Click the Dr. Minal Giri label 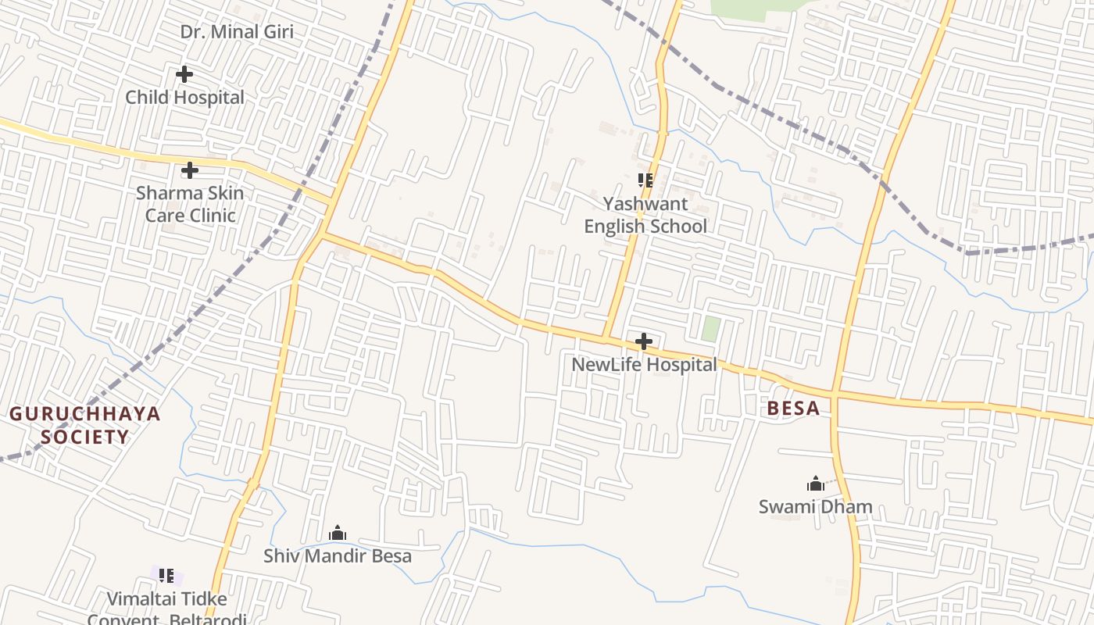pyautogui.click(x=237, y=32)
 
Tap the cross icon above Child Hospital pyautogui.click(x=184, y=74)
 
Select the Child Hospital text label pyautogui.click(x=185, y=98)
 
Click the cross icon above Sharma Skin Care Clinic pyautogui.click(x=189, y=170)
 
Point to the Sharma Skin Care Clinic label pyautogui.click(x=190, y=204)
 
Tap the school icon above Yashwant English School pyautogui.click(x=645, y=180)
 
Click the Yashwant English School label pyautogui.click(x=645, y=215)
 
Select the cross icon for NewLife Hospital pyautogui.click(x=644, y=341)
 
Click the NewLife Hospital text pyautogui.click(x=644, y=365)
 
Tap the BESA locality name pyautogui.click(x=793, y=408)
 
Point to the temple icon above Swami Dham pyautogui.click(x=816, y=484)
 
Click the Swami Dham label pyautogui.click(x=815, y=507)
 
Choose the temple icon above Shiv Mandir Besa pyautogui.click(x=338, y=534)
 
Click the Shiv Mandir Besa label pyautogui.click(x=337, y=556)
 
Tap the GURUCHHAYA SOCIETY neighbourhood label pyautogui.click(x=84, y=425)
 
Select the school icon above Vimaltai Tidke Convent pyautogui.click(x=166, y=576)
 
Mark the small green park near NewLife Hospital pyautogui.click(x=710, y=328)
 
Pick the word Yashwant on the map pyautogui.click(x=645, y=204)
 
